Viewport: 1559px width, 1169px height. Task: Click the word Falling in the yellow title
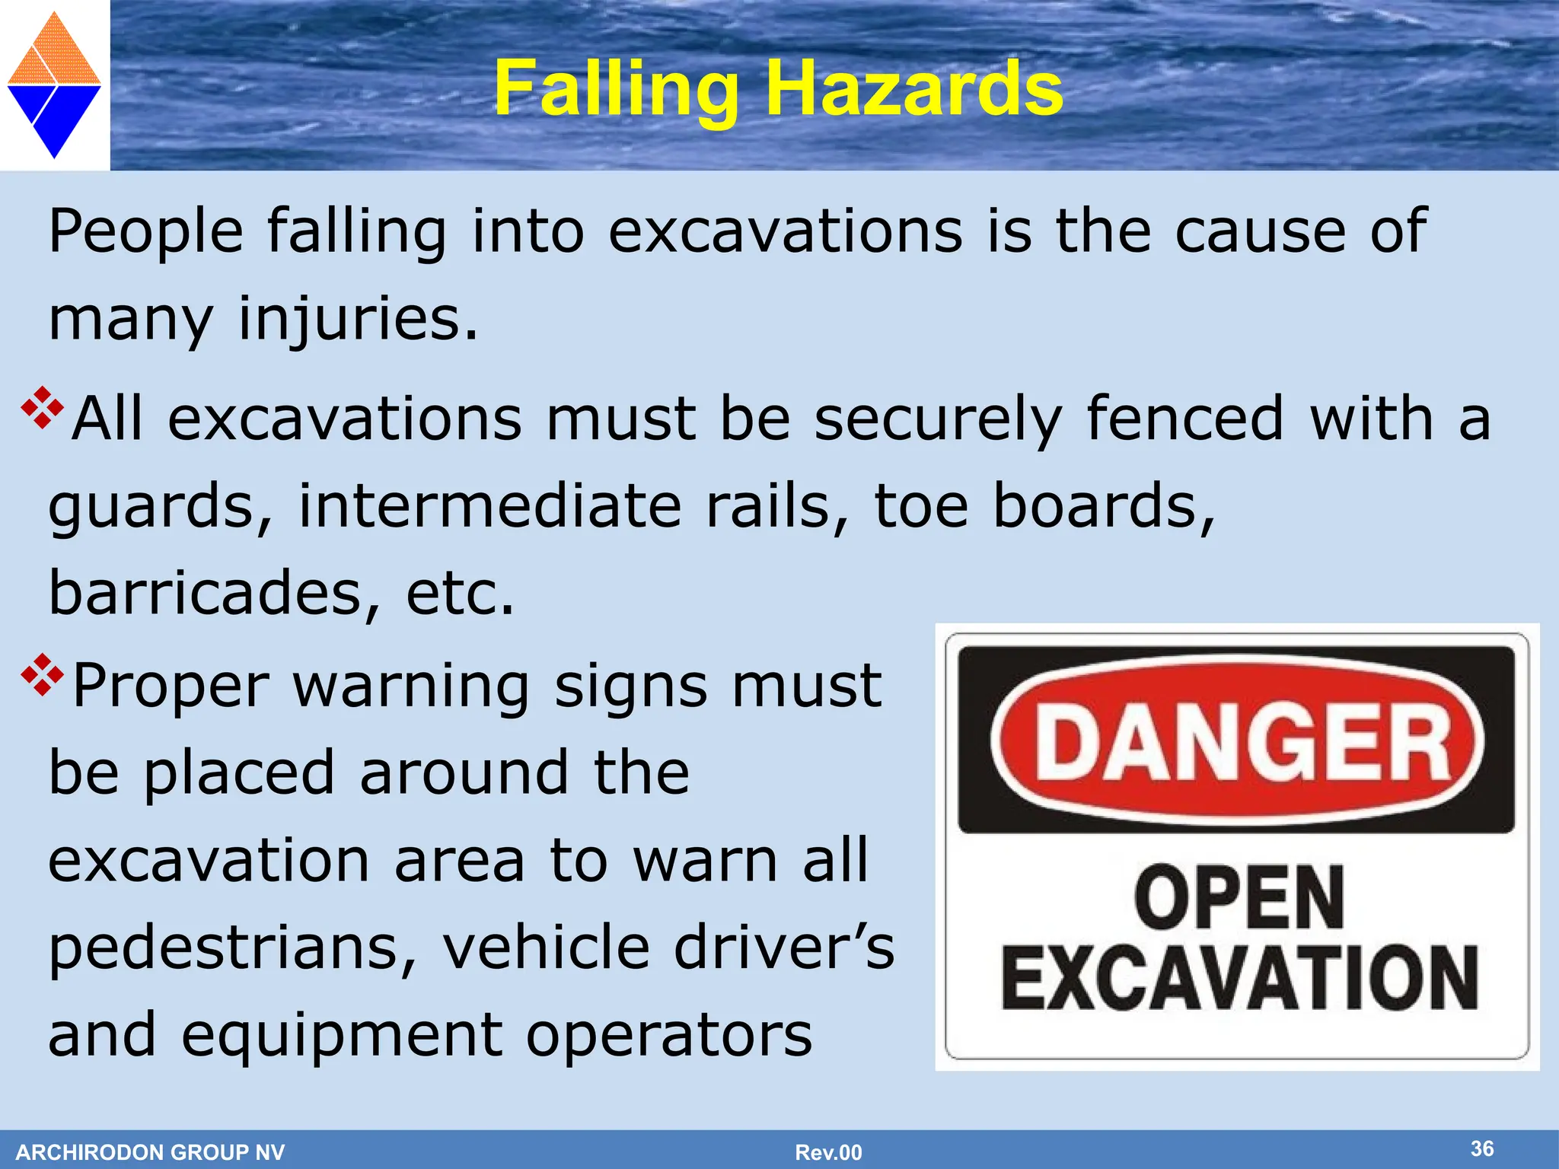tap(616, 90)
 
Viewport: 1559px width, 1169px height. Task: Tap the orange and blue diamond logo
tap(54, 84)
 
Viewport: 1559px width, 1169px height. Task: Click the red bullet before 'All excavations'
tap(42, 408)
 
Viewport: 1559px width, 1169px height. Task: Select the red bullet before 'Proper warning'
tap(42, 674)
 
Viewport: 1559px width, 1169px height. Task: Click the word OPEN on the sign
tap(1239, 898)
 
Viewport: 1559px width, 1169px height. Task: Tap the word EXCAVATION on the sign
tap(1239, 979)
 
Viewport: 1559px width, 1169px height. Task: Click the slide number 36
tap(1481, 1148)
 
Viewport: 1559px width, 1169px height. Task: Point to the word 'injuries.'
tap(359, 319)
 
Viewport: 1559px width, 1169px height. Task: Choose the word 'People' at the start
tap(145, 231)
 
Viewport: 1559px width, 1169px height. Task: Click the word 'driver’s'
tap(785, 948)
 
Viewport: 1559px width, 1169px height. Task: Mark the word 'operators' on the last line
tap(669, 1036)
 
